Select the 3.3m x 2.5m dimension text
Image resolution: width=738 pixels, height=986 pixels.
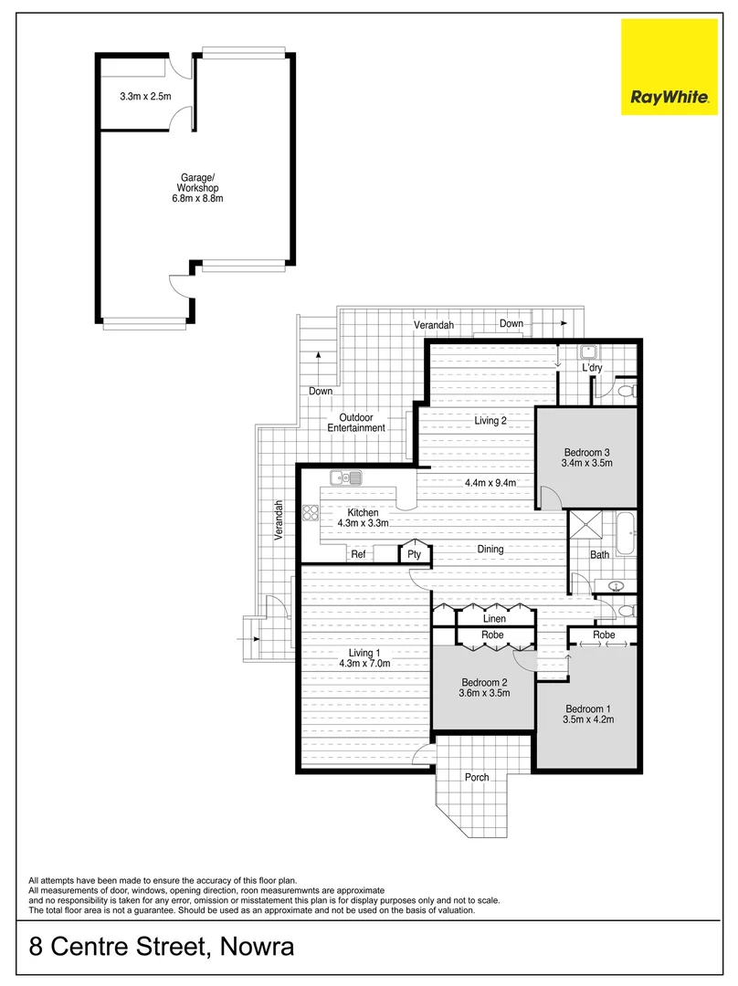coord(145,95)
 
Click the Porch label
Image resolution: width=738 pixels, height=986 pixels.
coord(477,777)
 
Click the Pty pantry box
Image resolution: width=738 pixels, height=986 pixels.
coord(414,553)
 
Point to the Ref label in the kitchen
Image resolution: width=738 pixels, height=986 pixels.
coord(359,553)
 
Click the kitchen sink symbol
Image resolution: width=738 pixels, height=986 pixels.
coord(348,477)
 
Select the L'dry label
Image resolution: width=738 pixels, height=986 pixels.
coord(595,368)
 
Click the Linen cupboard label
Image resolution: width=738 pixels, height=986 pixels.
coord(494,618)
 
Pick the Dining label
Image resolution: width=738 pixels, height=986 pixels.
coord(490,549)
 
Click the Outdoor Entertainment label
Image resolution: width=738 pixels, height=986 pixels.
coord(357,423)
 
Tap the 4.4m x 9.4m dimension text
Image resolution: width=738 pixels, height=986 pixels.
coord(490,482)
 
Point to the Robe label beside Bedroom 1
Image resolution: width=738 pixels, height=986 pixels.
coord(604,635)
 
